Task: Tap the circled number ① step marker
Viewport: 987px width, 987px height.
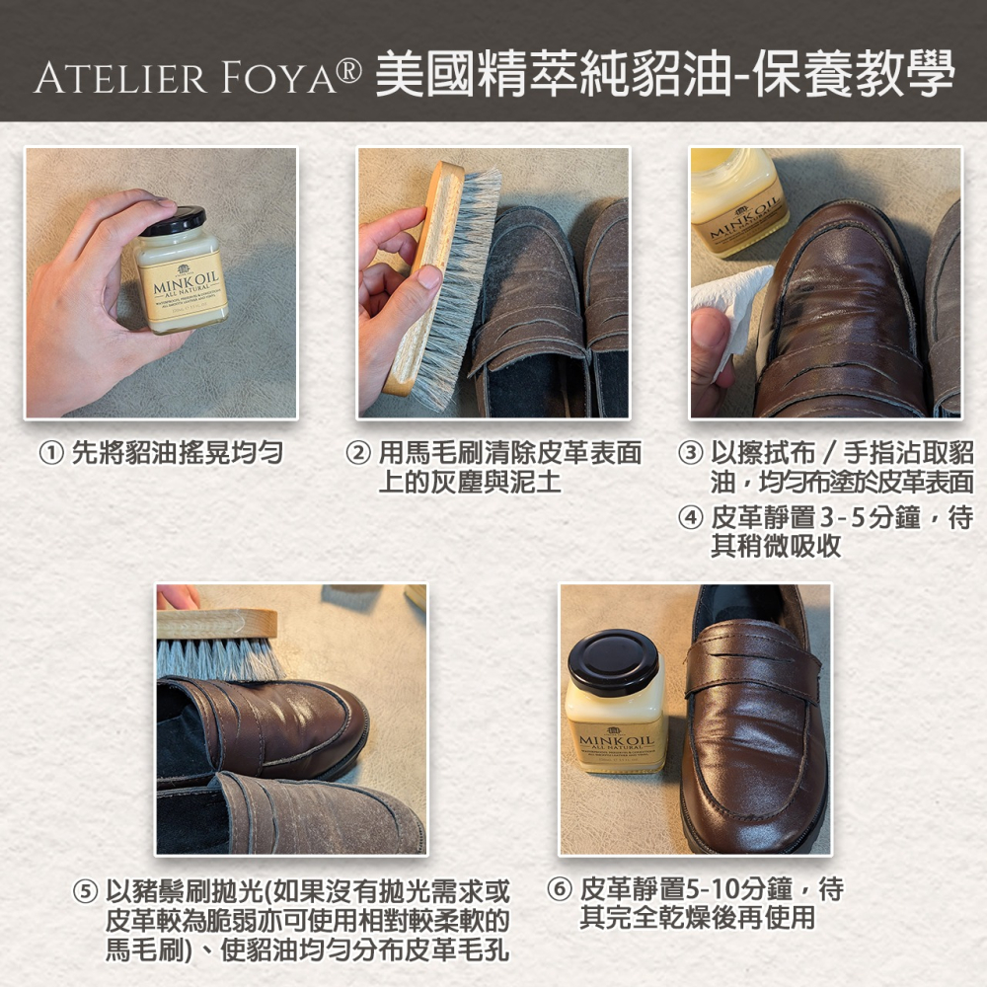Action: (x=46, y=454)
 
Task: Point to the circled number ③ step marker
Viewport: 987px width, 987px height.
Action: (x=690, y=454)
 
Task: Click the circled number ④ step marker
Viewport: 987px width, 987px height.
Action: (x=690, y=517)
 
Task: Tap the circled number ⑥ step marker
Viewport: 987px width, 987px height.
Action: (x=560, y=891)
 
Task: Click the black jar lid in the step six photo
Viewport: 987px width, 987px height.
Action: (x=613, y=662)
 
